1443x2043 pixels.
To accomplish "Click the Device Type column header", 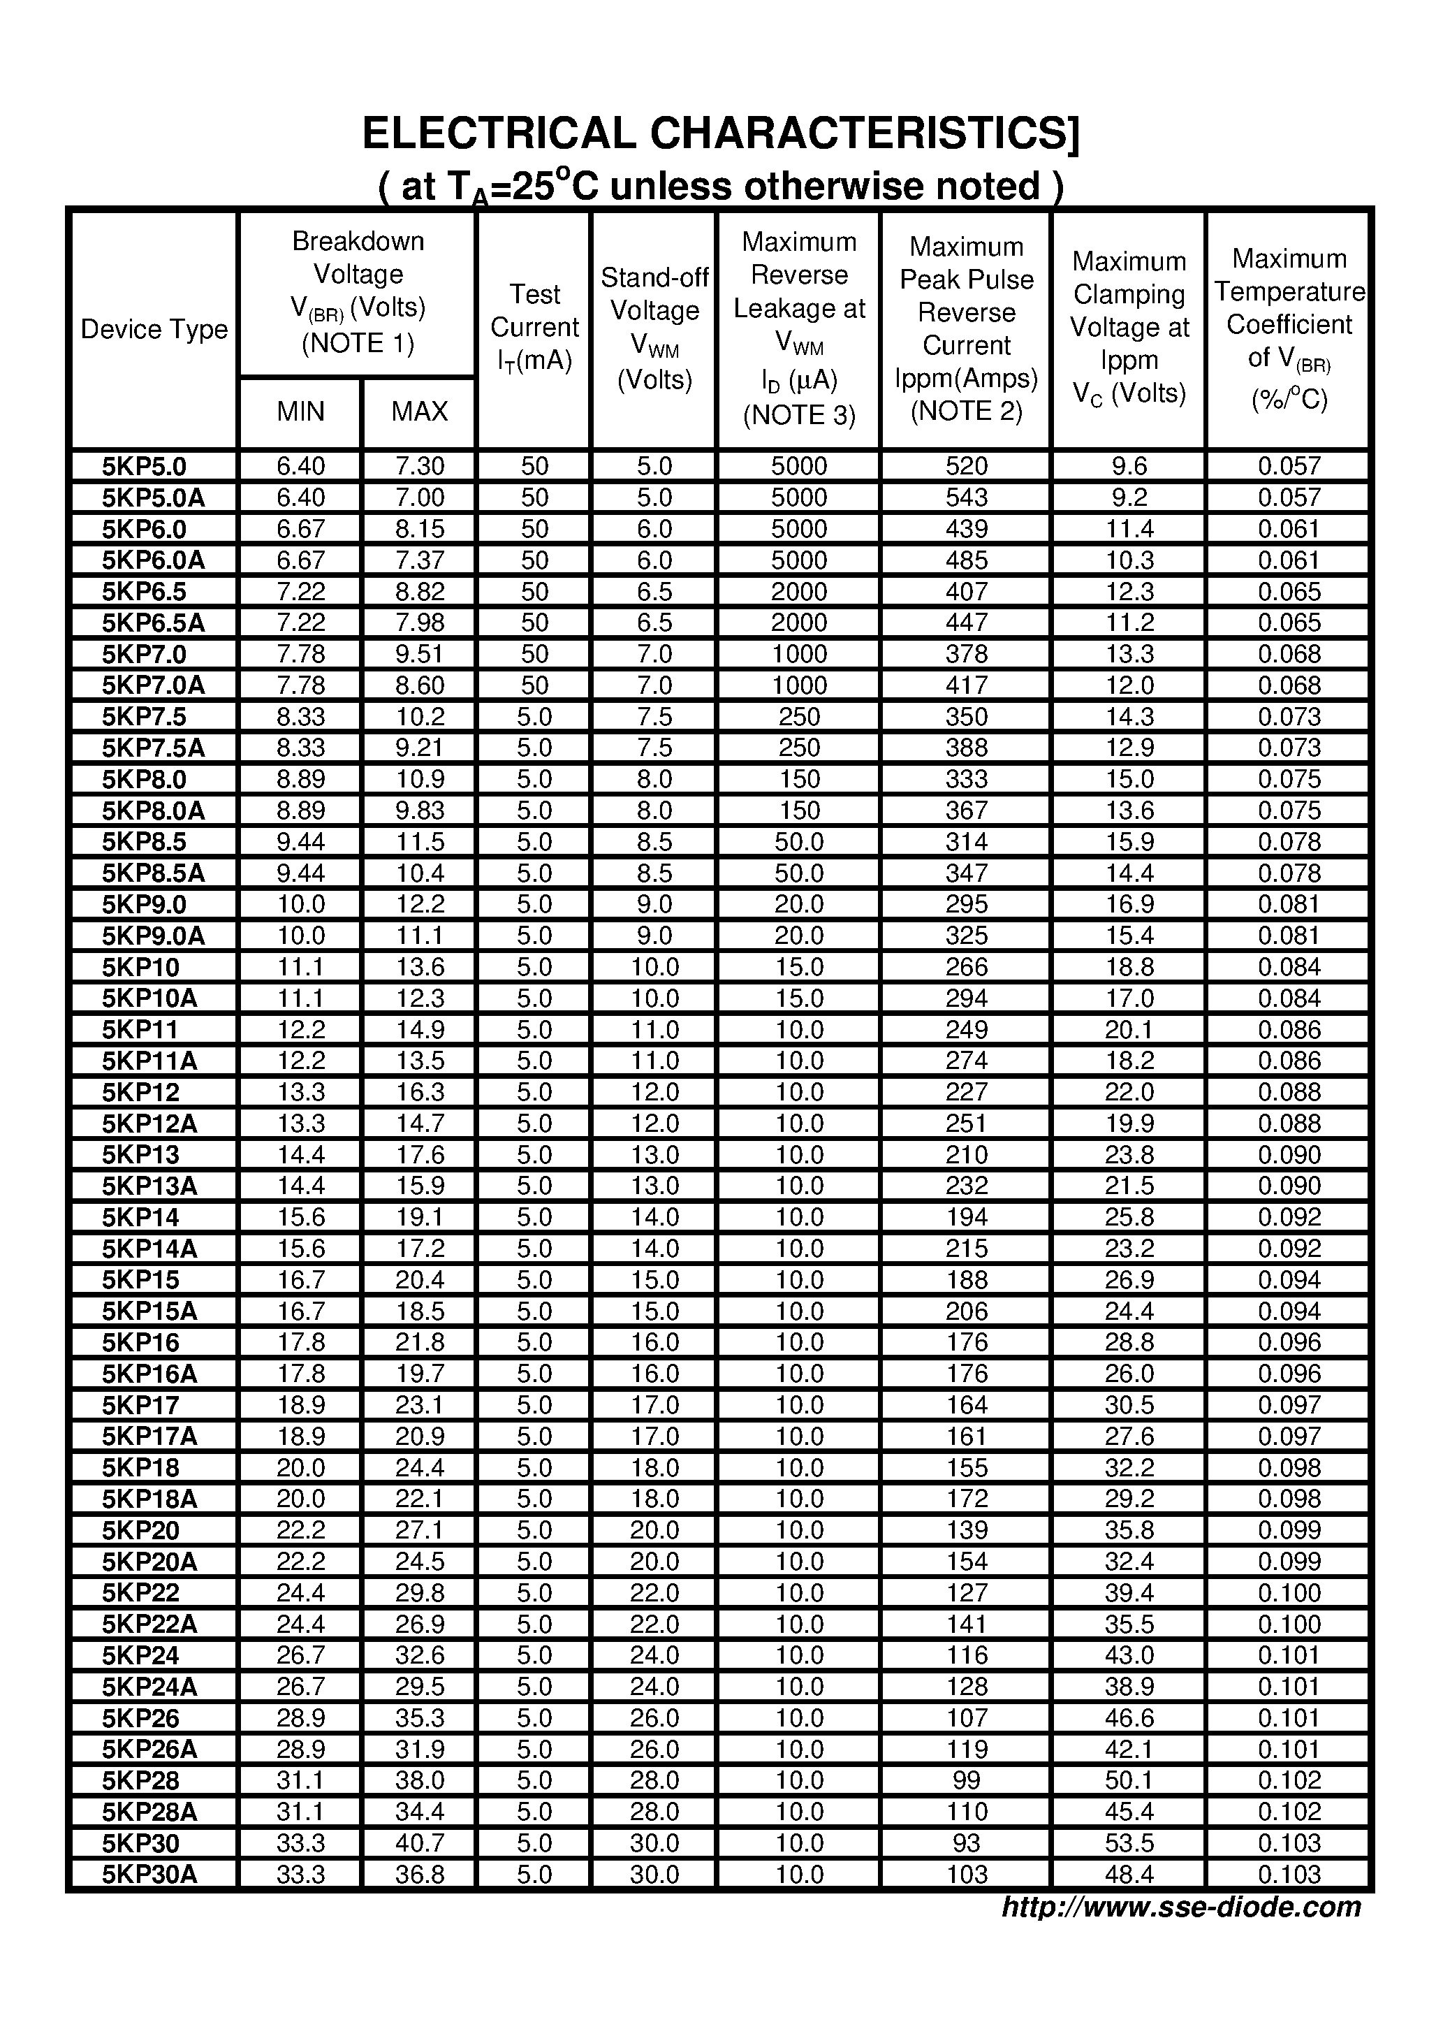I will point(154,329).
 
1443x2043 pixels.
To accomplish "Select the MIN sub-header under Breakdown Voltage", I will point(301,411).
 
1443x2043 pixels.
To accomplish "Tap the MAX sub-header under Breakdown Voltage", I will point(419,411).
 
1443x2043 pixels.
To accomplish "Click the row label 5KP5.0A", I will point(153,497).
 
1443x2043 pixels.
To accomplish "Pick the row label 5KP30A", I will point(149,1874).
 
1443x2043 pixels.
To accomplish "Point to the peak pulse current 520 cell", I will point(966,466).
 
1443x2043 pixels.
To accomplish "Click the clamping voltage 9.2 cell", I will point(1129,497).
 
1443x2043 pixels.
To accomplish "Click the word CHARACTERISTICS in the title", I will point(864,134).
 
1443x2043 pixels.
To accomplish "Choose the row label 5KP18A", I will point(149,1499).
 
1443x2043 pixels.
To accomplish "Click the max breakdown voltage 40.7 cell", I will point(419,1842).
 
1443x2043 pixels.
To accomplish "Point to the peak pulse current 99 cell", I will point(966,1780).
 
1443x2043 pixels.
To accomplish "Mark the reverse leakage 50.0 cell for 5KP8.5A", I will point(799,873).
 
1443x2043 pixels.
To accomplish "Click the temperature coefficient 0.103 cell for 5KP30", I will point(1289,1842).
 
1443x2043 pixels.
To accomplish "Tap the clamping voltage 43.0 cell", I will point(1129,1655).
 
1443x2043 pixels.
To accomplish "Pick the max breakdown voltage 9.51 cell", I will point(419,654).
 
